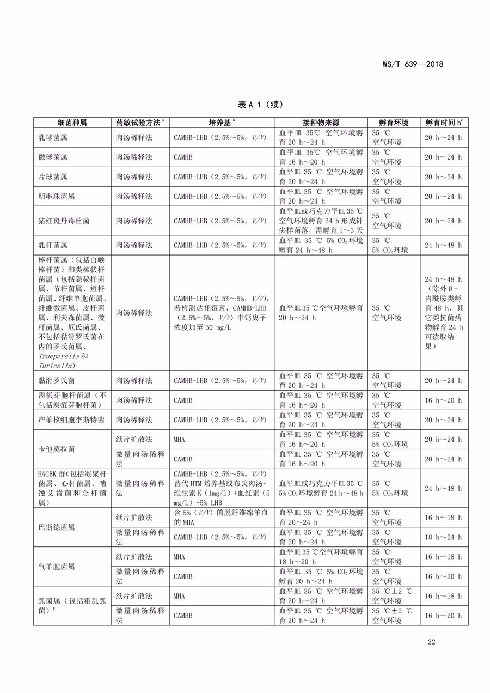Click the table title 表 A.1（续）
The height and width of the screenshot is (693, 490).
coord(261,104)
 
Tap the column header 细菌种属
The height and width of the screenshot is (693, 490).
coord(72,123)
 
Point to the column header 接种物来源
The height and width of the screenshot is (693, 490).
coord(321,123)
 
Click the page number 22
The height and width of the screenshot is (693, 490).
coord(431,642)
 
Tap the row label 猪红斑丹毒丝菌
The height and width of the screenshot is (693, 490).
coord(61,221)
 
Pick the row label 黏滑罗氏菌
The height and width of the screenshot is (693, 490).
coord(53,380)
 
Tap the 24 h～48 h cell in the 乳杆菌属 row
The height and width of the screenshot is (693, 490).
coord(443,245)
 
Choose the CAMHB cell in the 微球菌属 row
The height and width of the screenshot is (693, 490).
coord(183,157)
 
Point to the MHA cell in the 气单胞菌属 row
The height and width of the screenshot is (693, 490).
coord(179,557)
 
